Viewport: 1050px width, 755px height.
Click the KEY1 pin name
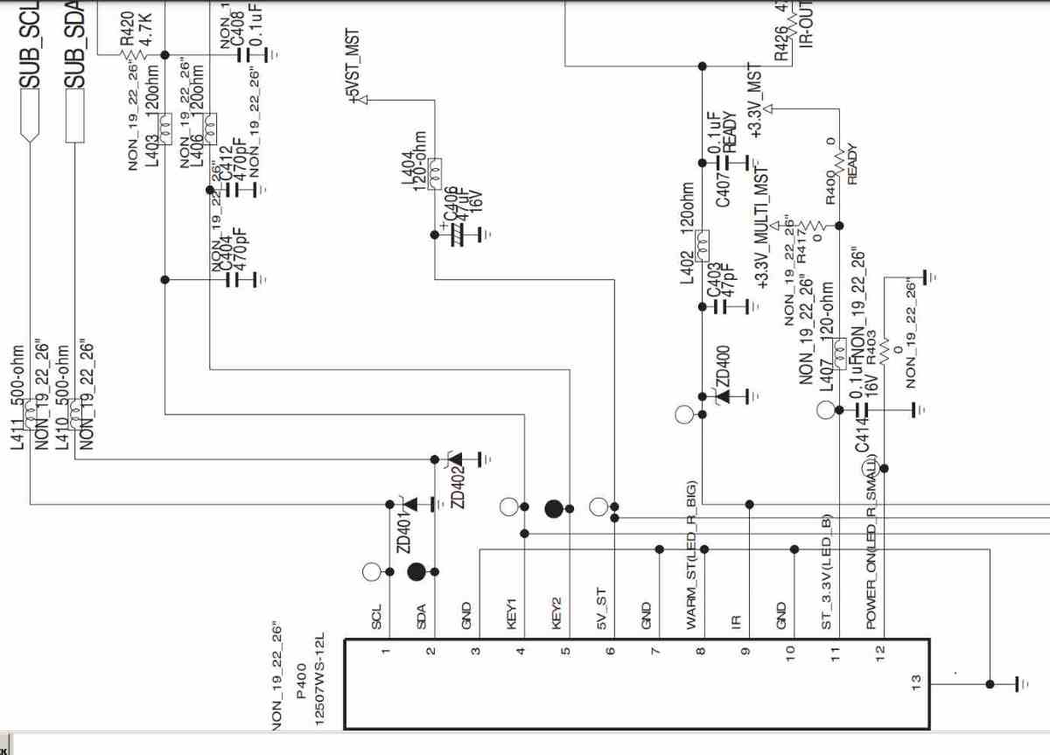coord(513,613)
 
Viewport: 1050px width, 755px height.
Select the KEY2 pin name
coord(556,612)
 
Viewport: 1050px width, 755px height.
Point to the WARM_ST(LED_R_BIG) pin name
coord(691,556)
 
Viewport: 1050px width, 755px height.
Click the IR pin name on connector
coord(736,621)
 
